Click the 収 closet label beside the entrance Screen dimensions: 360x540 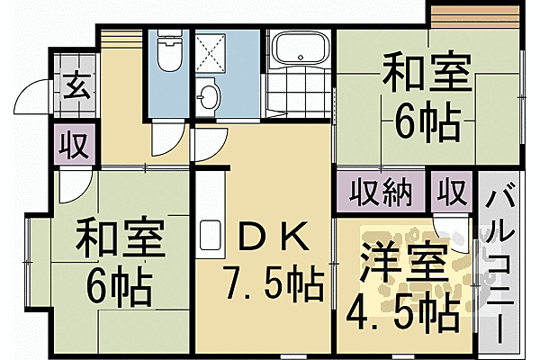(74, 145)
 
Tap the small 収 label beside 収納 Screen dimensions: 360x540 (452, 192)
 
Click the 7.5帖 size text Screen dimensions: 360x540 (273, 287)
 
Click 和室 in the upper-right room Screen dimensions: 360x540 (427, 73)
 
